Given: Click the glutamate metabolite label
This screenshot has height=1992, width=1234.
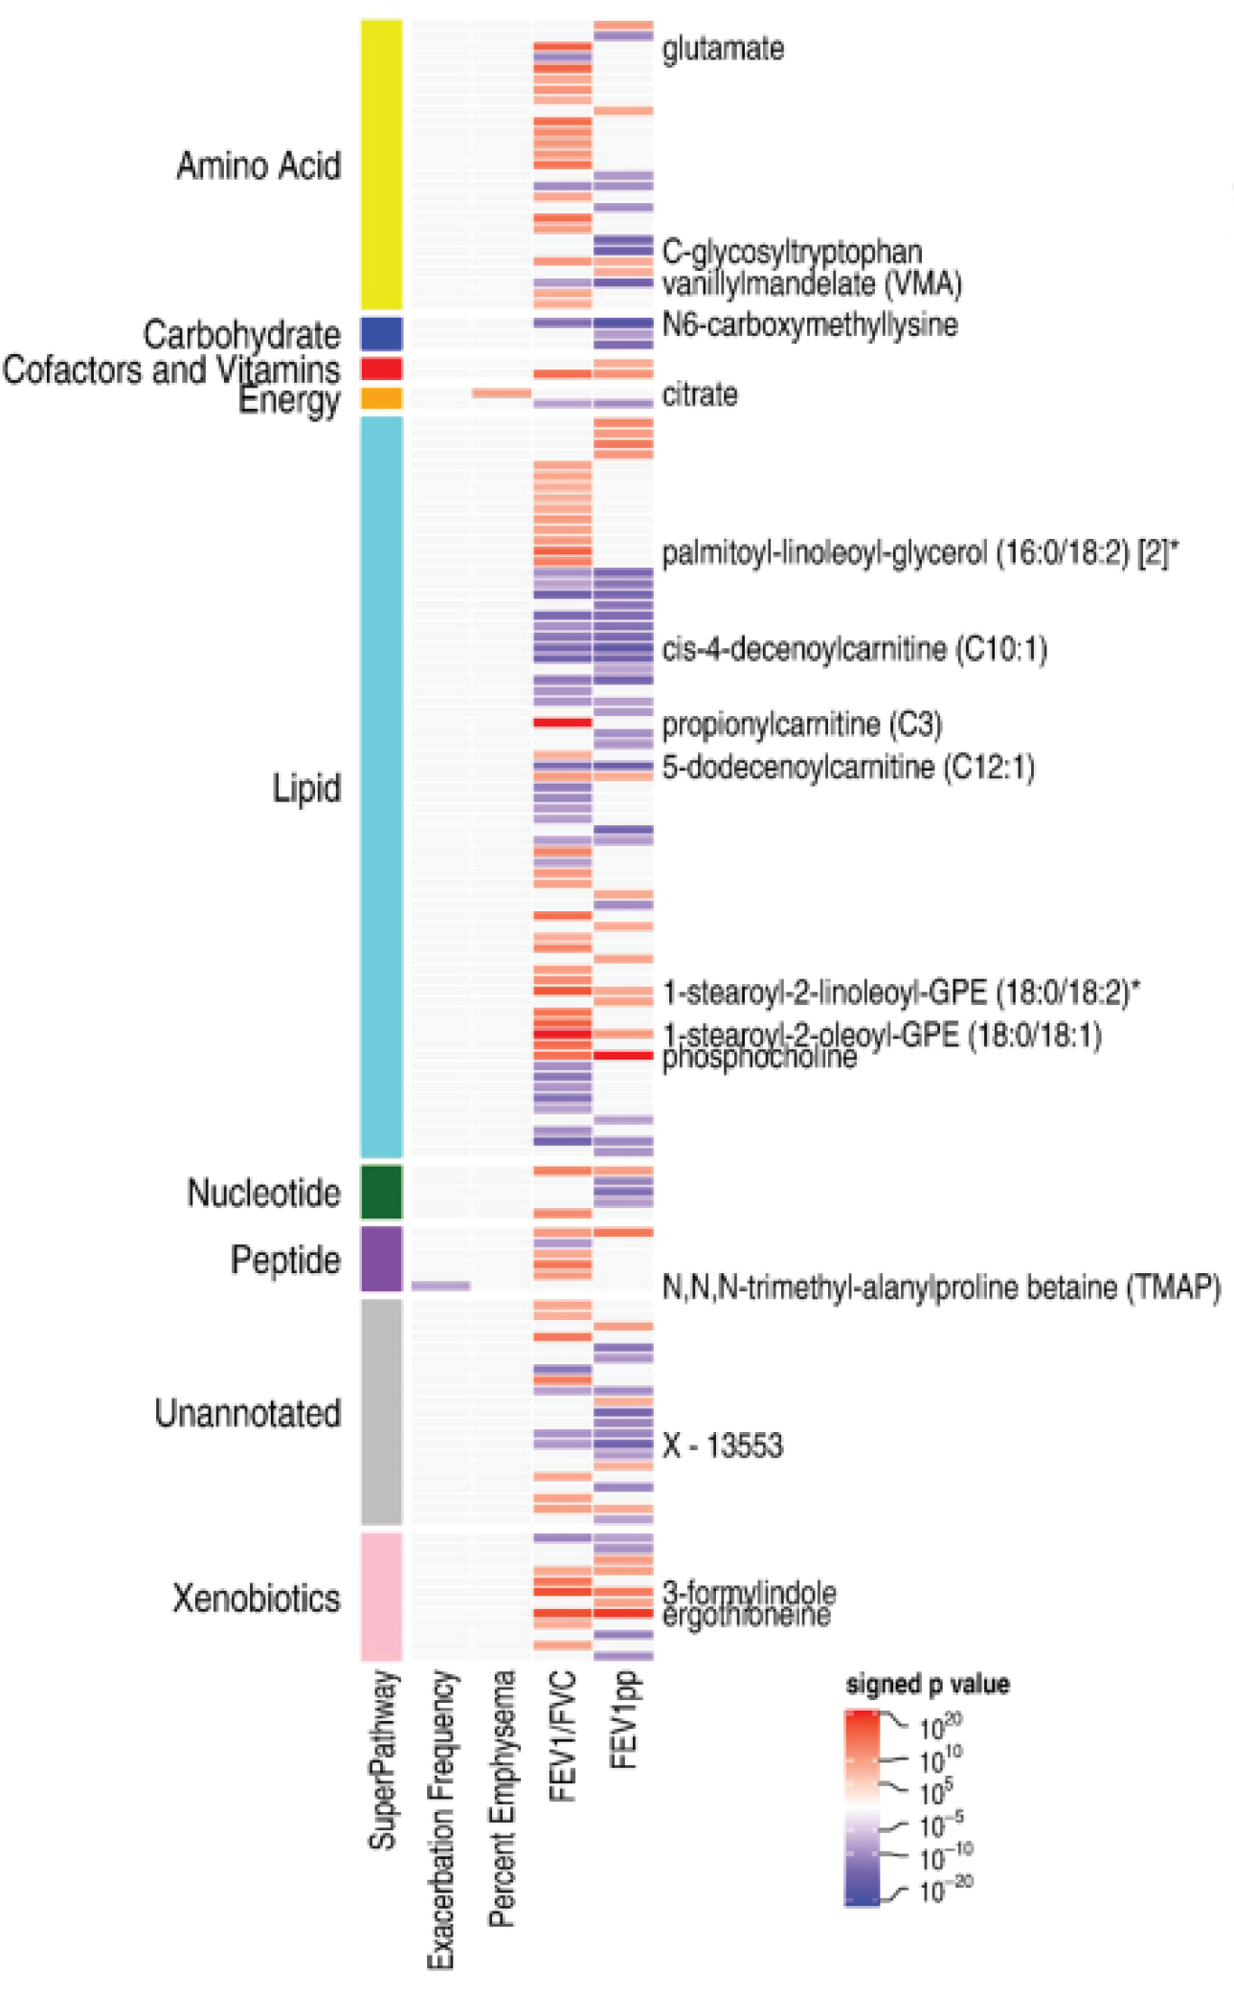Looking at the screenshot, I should (x=723, y=48).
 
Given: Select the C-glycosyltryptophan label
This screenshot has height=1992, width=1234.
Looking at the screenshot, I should (x=792, y=252).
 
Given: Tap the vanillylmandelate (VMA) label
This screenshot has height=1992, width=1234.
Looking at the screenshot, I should (x=812, y=283).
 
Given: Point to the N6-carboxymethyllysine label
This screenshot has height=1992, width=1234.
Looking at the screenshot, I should (x=809, y=325).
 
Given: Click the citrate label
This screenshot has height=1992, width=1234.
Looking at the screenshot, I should (x=700, y=394).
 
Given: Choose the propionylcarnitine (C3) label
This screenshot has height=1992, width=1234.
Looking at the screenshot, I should (x=801, y=724).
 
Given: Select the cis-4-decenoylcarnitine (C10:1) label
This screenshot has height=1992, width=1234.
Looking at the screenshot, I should (x=854, y=649).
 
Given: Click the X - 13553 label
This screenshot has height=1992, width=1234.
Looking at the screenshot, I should (x=723, y=1444).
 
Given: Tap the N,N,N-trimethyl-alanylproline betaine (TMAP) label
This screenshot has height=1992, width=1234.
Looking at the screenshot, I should (x=941, y=1287).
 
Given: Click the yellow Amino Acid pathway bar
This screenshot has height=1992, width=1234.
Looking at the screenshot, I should (x=381, y=164).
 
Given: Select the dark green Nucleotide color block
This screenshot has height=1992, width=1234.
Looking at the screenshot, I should (x=381, y=1192).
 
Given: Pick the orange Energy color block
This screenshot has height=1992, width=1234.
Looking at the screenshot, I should (x=381, y=398).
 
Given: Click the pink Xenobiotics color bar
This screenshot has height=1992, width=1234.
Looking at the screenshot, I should (x=381, y=1596).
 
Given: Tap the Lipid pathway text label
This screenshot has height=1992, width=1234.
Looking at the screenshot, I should (x=306, y=789).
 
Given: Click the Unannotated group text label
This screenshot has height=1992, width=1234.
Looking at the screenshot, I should (x=248, y=1413).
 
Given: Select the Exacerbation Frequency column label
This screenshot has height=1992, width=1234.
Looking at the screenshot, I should (x=440, y=1819).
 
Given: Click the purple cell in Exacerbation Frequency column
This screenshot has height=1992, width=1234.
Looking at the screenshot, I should (x=440, y=1286).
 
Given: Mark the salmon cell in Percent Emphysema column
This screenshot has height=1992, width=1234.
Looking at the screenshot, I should (x=501, y=393).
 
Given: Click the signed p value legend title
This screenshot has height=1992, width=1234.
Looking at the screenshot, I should (x=927, y=1684).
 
